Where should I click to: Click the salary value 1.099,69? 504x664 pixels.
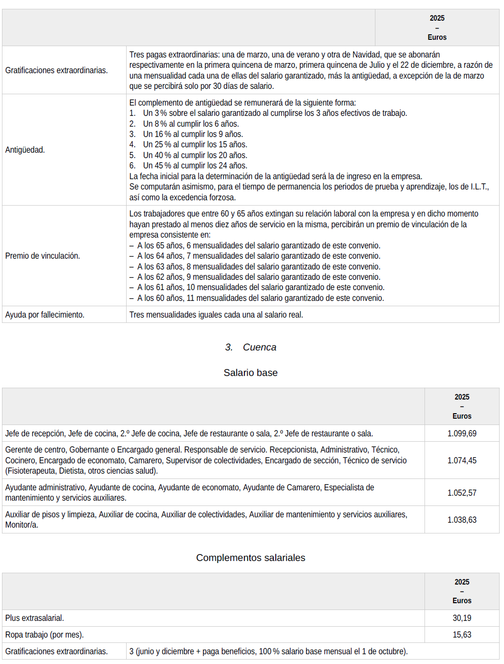click(x=461, y=433)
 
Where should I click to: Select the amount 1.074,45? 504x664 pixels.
click(x=461, y=460)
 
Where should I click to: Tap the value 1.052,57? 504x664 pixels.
click(x=461, y=493)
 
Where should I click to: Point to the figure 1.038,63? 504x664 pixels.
click(x=461, y=520)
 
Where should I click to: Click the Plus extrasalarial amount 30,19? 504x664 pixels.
click(x=461, y=618)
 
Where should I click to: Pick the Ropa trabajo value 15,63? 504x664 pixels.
click(x=461, y=635)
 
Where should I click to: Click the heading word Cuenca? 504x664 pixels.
click(x=259, y=347)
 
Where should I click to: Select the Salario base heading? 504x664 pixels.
click(x=250, y=373)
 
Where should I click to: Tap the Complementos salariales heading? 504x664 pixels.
click(x=250, y=558)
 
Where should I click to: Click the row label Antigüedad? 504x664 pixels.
click(x=25, y=150)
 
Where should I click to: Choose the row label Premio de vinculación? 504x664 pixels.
click(x=43, y=256)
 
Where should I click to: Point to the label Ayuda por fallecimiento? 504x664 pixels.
click(x=45, y=315)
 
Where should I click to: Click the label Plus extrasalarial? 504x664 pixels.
click(x=34, y=618)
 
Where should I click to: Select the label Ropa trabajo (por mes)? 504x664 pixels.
click(x=44, y=635)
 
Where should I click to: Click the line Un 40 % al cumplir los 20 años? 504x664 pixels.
click(x=195, y=155)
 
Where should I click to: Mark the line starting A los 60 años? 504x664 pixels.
click(x=260, y=298)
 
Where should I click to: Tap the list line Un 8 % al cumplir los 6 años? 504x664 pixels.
click(x=190, y=124)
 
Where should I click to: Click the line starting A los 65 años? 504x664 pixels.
click(x=258, y=245)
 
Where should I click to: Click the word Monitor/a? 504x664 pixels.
click(x=22, y=525)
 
